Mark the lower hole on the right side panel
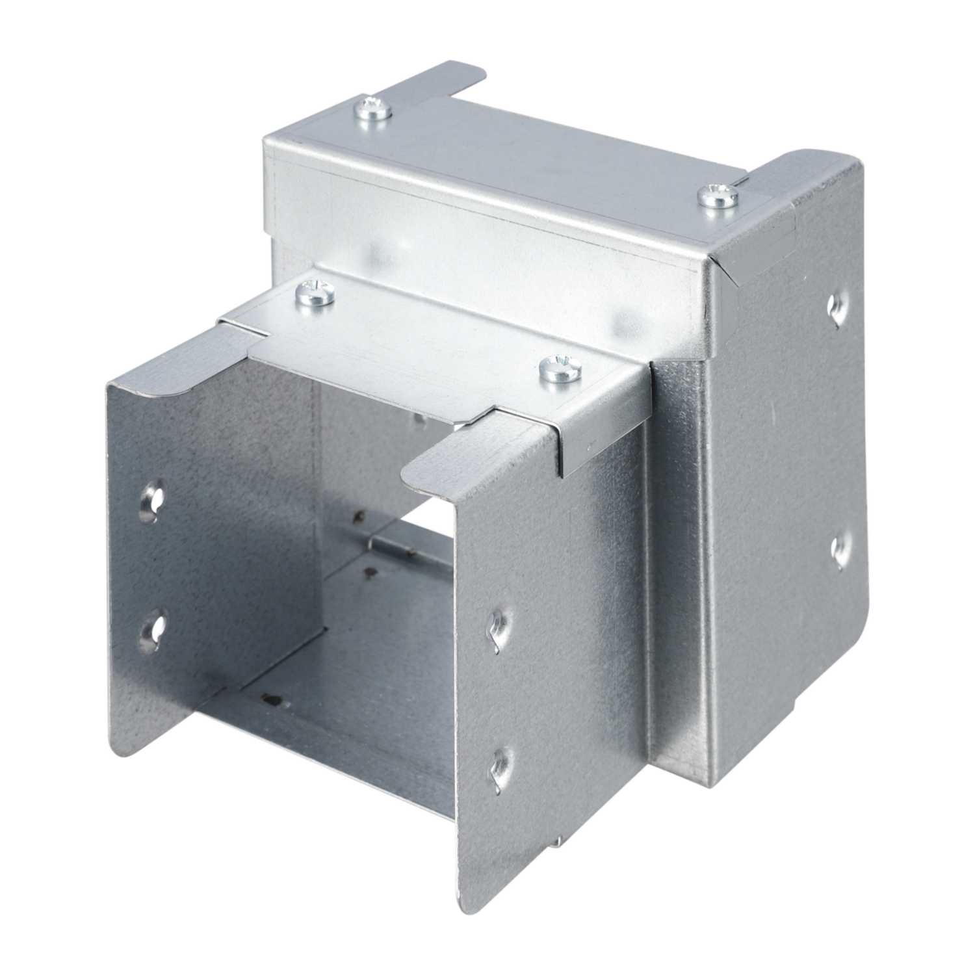tap(839, 548)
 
